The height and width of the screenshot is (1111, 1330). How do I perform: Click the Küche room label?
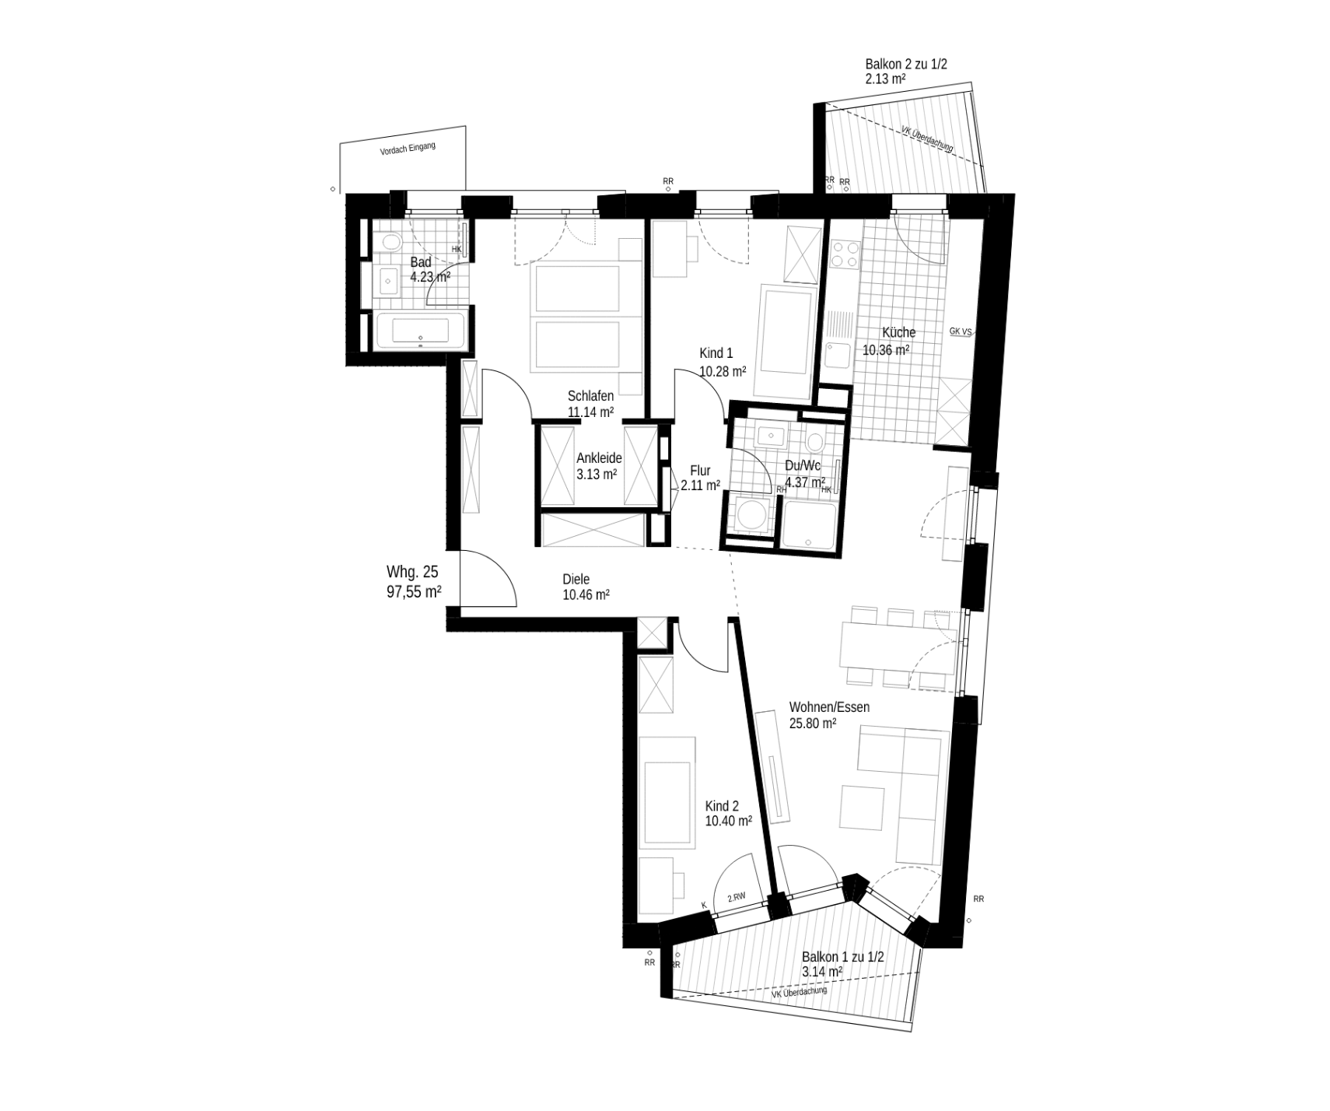tap(898, 332)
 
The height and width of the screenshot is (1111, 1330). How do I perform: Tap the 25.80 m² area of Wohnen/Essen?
tap(813, 723)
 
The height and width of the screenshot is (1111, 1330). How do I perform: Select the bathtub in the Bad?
tap(420, 331)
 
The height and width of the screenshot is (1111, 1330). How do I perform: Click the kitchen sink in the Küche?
tap(838, 356)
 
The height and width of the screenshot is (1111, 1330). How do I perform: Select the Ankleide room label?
tap(599, 458)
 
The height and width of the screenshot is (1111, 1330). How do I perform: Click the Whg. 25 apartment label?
tap(412, 573)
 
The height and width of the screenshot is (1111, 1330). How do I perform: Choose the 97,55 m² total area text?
tap(415, 591)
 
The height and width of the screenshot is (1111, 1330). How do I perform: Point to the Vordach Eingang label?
tap(408, 149)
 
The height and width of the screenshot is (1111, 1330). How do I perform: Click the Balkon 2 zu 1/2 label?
tap(906, 64)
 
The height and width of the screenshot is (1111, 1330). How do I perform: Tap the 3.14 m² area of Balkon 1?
tap(822, 972)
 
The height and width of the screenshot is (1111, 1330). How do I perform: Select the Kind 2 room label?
tap(722, 806)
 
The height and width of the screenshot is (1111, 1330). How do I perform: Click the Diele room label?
tap(576, 579)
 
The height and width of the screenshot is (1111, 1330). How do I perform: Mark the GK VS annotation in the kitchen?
tap(961, 331)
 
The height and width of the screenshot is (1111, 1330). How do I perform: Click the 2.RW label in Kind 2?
tap(737, 897)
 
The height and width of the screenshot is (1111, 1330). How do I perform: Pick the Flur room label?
tap(700, 471)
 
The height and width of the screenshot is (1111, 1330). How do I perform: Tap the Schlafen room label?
tap(590, 396)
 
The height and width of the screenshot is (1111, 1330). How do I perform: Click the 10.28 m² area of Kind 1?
tap(723, 371)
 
